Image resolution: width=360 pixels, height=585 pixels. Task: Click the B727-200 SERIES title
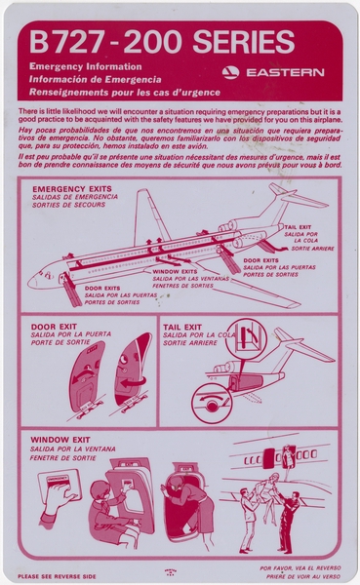[x=162, y=43]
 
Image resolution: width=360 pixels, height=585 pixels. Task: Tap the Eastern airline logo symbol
[x=230, y=72]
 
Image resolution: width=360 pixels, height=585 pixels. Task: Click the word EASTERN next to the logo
[x=285, y=72]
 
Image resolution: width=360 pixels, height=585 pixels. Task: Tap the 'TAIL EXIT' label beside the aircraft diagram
[x=298, y=227]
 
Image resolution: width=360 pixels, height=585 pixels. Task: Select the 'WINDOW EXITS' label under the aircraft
[x=175, y=271]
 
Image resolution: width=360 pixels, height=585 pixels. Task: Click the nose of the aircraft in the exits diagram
[x=35, y=282]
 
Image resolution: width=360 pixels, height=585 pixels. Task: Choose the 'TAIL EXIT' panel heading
[x=183, y=328]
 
